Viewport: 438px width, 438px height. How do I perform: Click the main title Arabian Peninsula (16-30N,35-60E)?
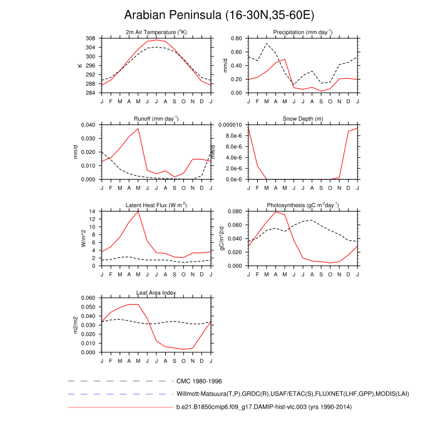pos(219,16)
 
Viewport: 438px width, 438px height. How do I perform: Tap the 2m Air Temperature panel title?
pos(156,33)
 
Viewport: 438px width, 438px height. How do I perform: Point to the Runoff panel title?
pos(156,118)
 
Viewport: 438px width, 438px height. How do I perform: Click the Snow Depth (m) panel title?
pos(303,119)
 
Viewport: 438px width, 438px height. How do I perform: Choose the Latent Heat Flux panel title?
pos(156,205)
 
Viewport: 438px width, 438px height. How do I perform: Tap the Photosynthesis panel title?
pos(303,205)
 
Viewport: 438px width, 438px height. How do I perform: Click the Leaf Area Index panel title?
pos(156,292)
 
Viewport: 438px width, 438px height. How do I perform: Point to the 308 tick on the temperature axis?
pos(91,38)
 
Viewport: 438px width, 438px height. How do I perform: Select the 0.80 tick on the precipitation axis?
pos(237,38)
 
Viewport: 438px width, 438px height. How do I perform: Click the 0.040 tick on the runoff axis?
pos(88,125)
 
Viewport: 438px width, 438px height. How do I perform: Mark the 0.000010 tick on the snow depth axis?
pos(230,125)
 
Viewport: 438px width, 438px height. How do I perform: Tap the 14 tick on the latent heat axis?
pos(93,211)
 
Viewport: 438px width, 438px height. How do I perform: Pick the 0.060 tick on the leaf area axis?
pos(88,298)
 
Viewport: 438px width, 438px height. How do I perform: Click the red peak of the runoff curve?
pos(138,128)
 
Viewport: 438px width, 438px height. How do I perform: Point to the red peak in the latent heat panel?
pos(138,211)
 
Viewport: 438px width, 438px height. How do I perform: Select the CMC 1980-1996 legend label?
pos(200,380)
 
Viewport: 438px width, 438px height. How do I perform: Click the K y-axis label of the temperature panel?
pos(79,66)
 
